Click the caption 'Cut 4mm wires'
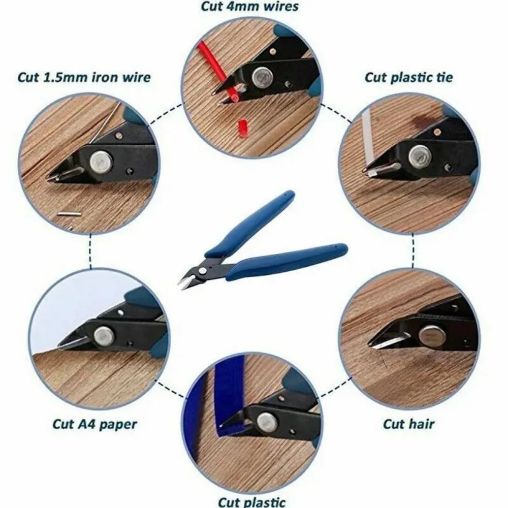(249, 7)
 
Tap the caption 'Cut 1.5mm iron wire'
(84, 78)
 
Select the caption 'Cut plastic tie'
(408, 77)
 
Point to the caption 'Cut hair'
(409, 423)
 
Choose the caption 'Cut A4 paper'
(94, 424)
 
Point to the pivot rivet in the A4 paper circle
(105, 335)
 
